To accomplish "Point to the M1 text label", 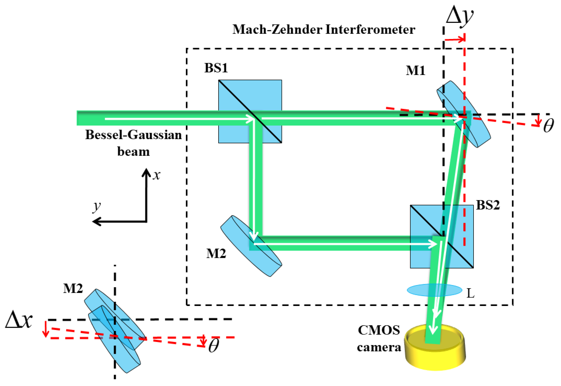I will [416, 70].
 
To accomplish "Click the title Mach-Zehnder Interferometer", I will [324, 29].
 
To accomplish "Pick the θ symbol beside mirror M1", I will [548, 125].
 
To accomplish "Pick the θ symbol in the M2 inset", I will [214, 345].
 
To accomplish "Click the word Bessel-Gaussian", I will [133, 135].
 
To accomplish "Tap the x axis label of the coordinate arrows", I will [157, 175].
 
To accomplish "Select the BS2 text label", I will [488, 205].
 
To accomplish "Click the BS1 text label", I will [216, 68].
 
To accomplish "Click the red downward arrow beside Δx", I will [46, 329].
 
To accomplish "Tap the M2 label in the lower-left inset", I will [73, 289].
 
